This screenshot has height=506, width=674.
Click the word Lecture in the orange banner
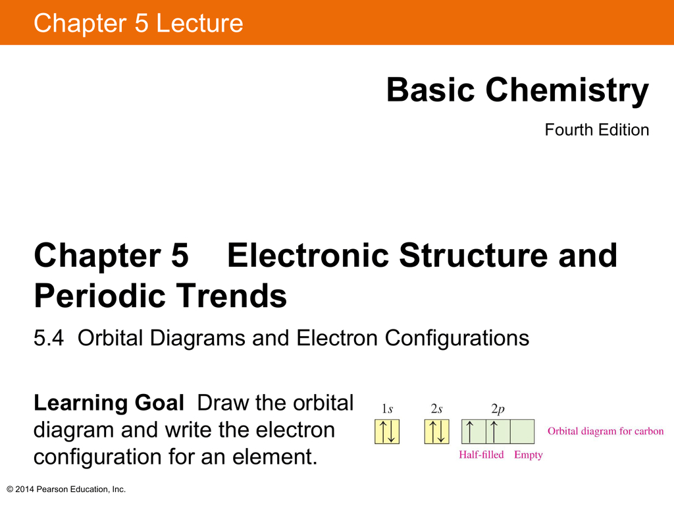[x=199, y=23]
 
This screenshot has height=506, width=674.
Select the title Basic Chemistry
[x=517, y=90]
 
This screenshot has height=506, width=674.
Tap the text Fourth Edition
[x=596, y=130]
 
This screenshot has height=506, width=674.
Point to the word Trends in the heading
[x=231, y=296]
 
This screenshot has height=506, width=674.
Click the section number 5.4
[x=49, y=338]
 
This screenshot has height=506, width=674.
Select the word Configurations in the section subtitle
[x=457, y=338]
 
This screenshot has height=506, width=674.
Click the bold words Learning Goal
[x=109, y=403]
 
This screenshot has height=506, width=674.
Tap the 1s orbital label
[x=387, y=408]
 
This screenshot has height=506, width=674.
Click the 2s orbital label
[x=437, y=408]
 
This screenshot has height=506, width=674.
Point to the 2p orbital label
[x=498, y=409]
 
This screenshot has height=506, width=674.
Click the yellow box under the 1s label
[x=387, y=432]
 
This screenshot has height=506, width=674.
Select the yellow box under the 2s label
[x=437, y=432]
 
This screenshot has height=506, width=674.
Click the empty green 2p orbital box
[x=522, y=432]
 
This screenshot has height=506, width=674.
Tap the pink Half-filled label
[x=481, y=455]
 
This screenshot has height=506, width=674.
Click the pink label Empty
[x=529, y=455]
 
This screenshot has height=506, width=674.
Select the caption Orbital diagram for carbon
[x=606, y=431]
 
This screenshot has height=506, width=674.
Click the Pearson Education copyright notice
[x=66, y=490]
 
